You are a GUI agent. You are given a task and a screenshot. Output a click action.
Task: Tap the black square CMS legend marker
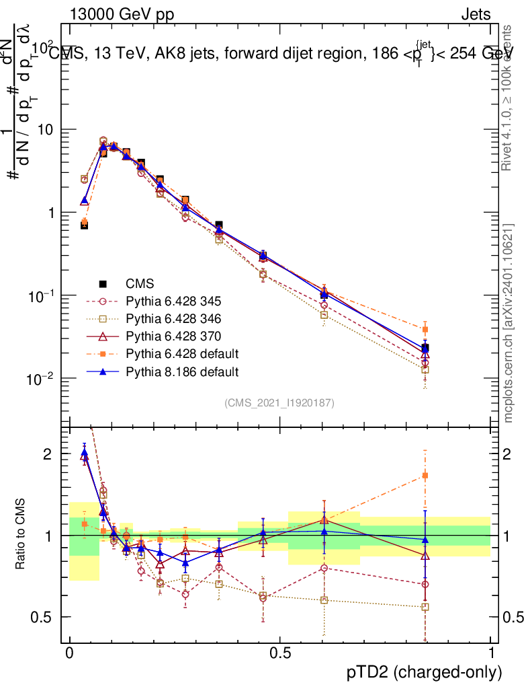click(103, 283)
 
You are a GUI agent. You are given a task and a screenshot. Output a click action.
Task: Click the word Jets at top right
click(476, 14)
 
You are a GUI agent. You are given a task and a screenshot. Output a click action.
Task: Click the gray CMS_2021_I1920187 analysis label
click(279, 402)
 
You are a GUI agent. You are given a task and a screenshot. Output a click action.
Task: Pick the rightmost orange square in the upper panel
click(425, 329)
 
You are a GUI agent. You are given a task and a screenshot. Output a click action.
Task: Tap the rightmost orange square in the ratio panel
click(425, 476)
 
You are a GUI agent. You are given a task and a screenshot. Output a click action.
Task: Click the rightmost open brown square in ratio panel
click(425, 607)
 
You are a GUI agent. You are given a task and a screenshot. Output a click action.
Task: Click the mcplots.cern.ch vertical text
click(511, 323)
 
